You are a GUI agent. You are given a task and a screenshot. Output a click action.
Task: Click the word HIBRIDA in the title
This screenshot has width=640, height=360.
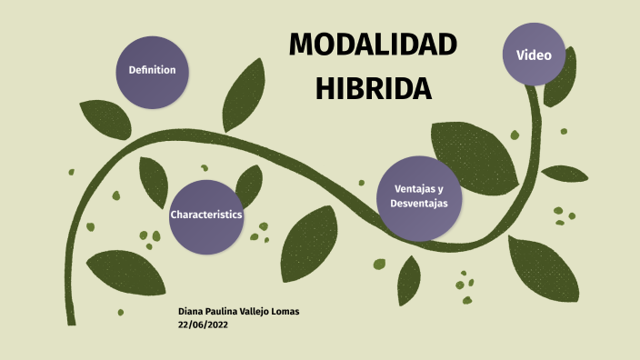point(373,88)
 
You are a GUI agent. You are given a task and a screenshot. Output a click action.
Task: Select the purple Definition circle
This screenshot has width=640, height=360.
point(152,70)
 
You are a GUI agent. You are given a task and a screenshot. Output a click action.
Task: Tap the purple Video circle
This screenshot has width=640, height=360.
point(534,55)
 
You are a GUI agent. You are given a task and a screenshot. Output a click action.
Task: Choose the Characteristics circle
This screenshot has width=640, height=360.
point(205,215)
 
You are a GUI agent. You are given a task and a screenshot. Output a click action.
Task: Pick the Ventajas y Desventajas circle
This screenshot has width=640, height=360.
point(419,197)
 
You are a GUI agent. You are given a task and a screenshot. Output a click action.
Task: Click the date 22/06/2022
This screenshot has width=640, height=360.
point(203,324)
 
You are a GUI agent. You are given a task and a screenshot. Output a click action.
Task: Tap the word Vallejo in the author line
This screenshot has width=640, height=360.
point(247,311)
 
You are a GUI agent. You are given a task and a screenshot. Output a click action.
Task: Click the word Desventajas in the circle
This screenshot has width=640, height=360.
point(419,204)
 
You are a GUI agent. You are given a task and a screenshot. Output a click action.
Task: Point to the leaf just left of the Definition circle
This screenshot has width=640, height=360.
point(105,118)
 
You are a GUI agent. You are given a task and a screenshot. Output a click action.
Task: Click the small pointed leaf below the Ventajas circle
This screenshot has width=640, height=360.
point(409,278)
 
